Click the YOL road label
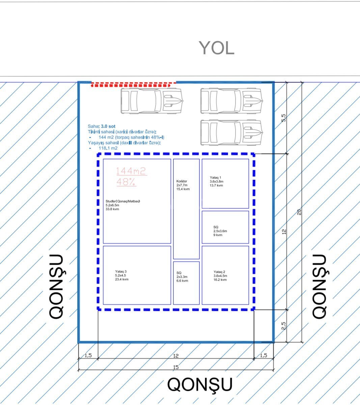point(216,48)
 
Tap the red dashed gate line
point(131,85)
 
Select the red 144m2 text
point(131,171)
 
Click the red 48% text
point(126,182)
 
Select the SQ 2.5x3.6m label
point(220,231)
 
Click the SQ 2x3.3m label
point(182,277)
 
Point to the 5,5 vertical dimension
point(284,118)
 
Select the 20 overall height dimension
point(299,212)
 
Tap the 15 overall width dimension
point(176,367)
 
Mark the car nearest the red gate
point(152,101)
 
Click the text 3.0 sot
point(108,126)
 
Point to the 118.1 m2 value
point(108,148)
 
